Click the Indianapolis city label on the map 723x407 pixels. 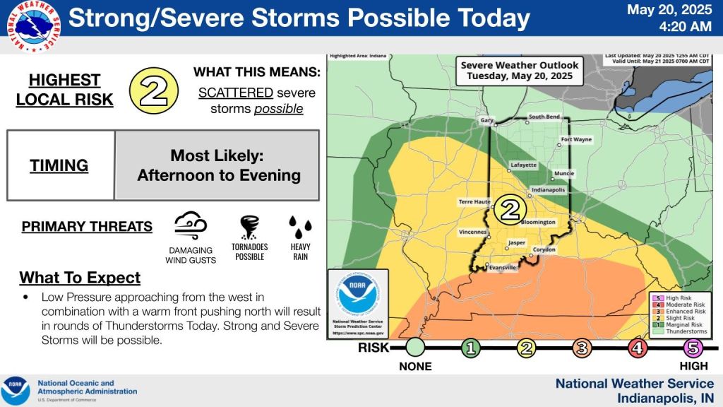[549, 190]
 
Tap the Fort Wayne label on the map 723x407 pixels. [576, 140]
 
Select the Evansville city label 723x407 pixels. [502, 268]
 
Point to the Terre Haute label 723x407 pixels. [474, 201]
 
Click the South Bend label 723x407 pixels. [544, 117]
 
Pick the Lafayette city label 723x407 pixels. [523, 165]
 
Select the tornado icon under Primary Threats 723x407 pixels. [249, 228]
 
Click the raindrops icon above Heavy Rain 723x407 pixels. [300, 228]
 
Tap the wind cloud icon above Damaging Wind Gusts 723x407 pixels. [191, 227]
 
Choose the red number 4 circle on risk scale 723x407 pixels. [638, 347]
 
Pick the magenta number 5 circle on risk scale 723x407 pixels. [693, 347]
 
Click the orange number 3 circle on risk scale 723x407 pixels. [582, 347]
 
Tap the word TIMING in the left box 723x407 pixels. [59, 166]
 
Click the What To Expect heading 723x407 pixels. [80, 277]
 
